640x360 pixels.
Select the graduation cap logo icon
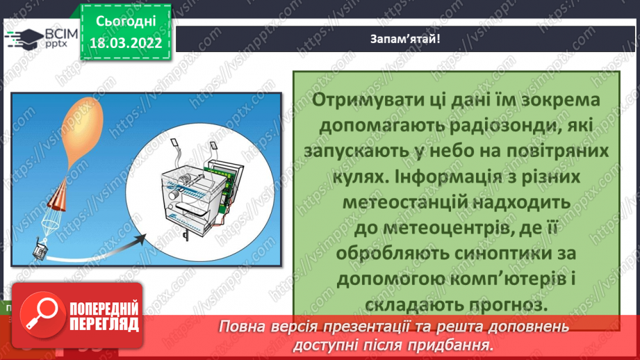click(x=25, y=38)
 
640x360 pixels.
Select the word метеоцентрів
click(x=420, y=227)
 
